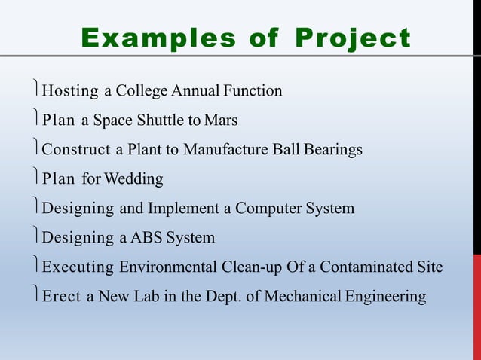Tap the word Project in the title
tap(353, 38)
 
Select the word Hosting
tap(70, 92)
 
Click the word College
tap(142, 92)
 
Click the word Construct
tap(76, 150)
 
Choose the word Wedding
tap(135, 179)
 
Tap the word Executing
tap(78, 267)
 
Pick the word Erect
tap(63, 297)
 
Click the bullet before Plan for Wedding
tap(38, 179)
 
